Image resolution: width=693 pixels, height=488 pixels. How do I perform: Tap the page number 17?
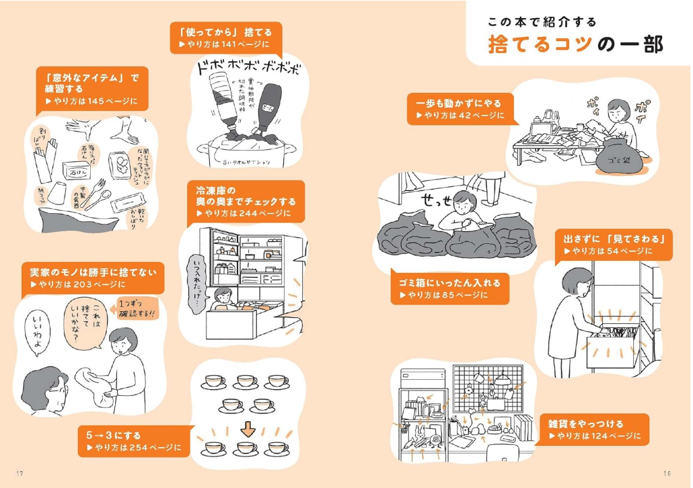point(20,473)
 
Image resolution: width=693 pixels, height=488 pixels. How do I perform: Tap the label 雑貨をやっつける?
point(591,430)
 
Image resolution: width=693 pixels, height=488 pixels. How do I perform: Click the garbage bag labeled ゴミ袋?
point(616,157)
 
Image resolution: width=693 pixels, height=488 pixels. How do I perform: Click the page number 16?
point(667,473)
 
